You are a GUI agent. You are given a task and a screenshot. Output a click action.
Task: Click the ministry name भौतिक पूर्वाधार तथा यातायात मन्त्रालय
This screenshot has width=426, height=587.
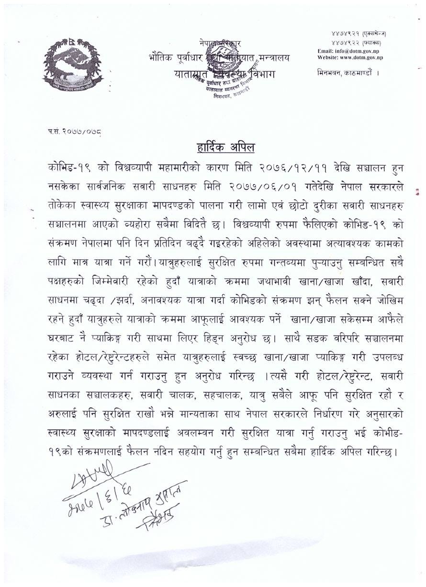pos(218,58)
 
